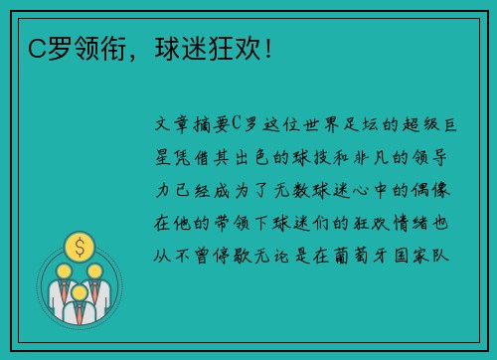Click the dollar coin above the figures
click(79, 245)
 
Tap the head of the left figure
click(63, 270)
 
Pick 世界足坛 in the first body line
click(324, 123)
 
